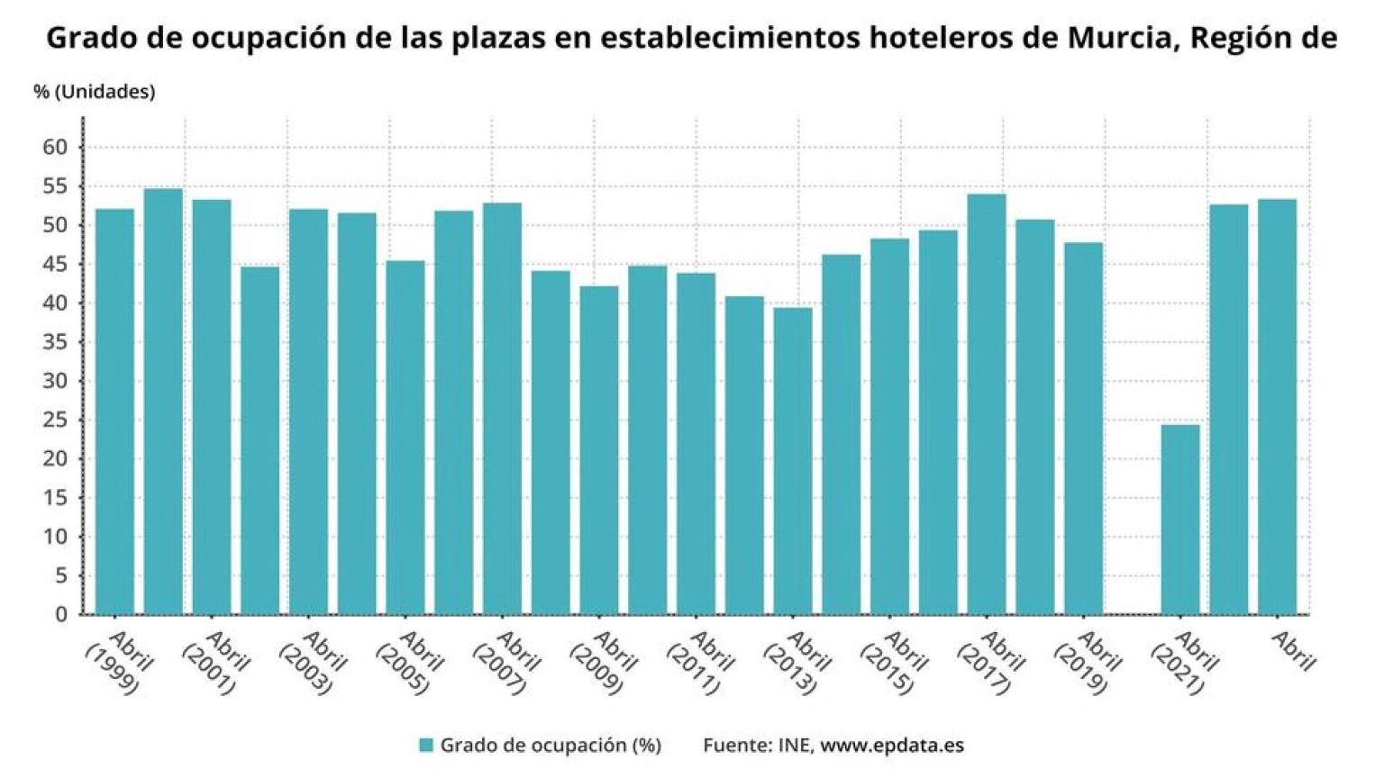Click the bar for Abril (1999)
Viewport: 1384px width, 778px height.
pyautogui.click(x=114, y=412)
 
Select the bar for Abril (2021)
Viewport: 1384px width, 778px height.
pyautogui.click(x=1180, y=520)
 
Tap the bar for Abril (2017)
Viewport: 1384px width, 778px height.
pyautogui.click(x=987, y=404)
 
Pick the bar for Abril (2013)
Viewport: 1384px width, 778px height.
pyautogui.click(x=793, y=461)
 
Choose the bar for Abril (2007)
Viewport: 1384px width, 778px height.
pyautogui.click(x=502, y=409)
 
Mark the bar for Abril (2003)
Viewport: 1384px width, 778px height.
pyautogui.click(x=308, y=412)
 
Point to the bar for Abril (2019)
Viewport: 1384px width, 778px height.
pyautogui.click(x=1083, y=429)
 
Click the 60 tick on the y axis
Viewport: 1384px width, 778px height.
pyautogui.click(x=56, y=148)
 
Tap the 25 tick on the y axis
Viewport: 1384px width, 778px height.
pyautogui.click(x=56, y=420)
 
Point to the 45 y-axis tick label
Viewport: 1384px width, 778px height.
pyautogui.click(x=56, y=265)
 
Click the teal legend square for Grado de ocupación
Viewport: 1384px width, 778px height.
pyautogui.click(x=426, y=745)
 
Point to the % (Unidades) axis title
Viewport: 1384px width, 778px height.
pyautogui.click(x=95, y=92)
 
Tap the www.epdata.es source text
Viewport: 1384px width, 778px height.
pyautogui.click(x=892, y=745)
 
